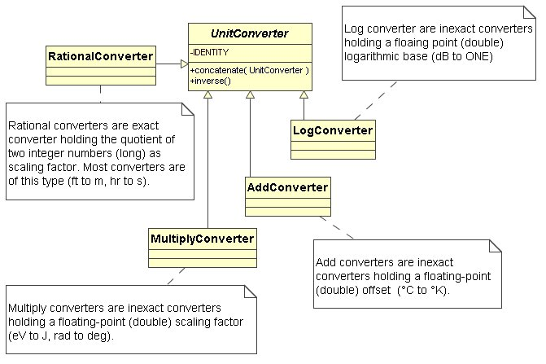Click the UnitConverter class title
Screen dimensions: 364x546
[251, 33]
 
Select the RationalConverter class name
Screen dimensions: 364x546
[102, 56]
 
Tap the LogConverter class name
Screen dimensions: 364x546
[332, 129]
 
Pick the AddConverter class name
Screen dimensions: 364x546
[286, 187]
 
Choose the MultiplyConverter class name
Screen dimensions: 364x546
[202, 239]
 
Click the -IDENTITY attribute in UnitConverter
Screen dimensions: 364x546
[211, 52]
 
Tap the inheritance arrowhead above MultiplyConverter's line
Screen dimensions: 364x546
[208, 96]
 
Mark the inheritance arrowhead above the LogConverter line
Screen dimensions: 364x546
[304, 96]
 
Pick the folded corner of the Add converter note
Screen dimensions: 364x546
[495, 247]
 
